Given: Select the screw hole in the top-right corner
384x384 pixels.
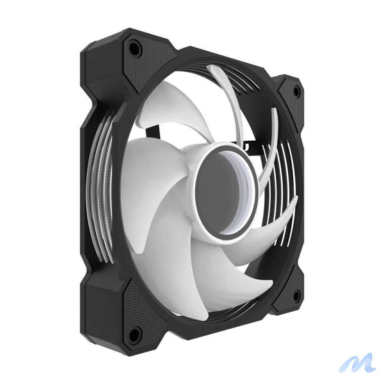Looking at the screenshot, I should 296,91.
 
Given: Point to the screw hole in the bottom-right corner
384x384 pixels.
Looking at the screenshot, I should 296,296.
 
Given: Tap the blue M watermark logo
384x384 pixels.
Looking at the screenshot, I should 356,363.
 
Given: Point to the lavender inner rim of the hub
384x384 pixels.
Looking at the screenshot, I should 247,187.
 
